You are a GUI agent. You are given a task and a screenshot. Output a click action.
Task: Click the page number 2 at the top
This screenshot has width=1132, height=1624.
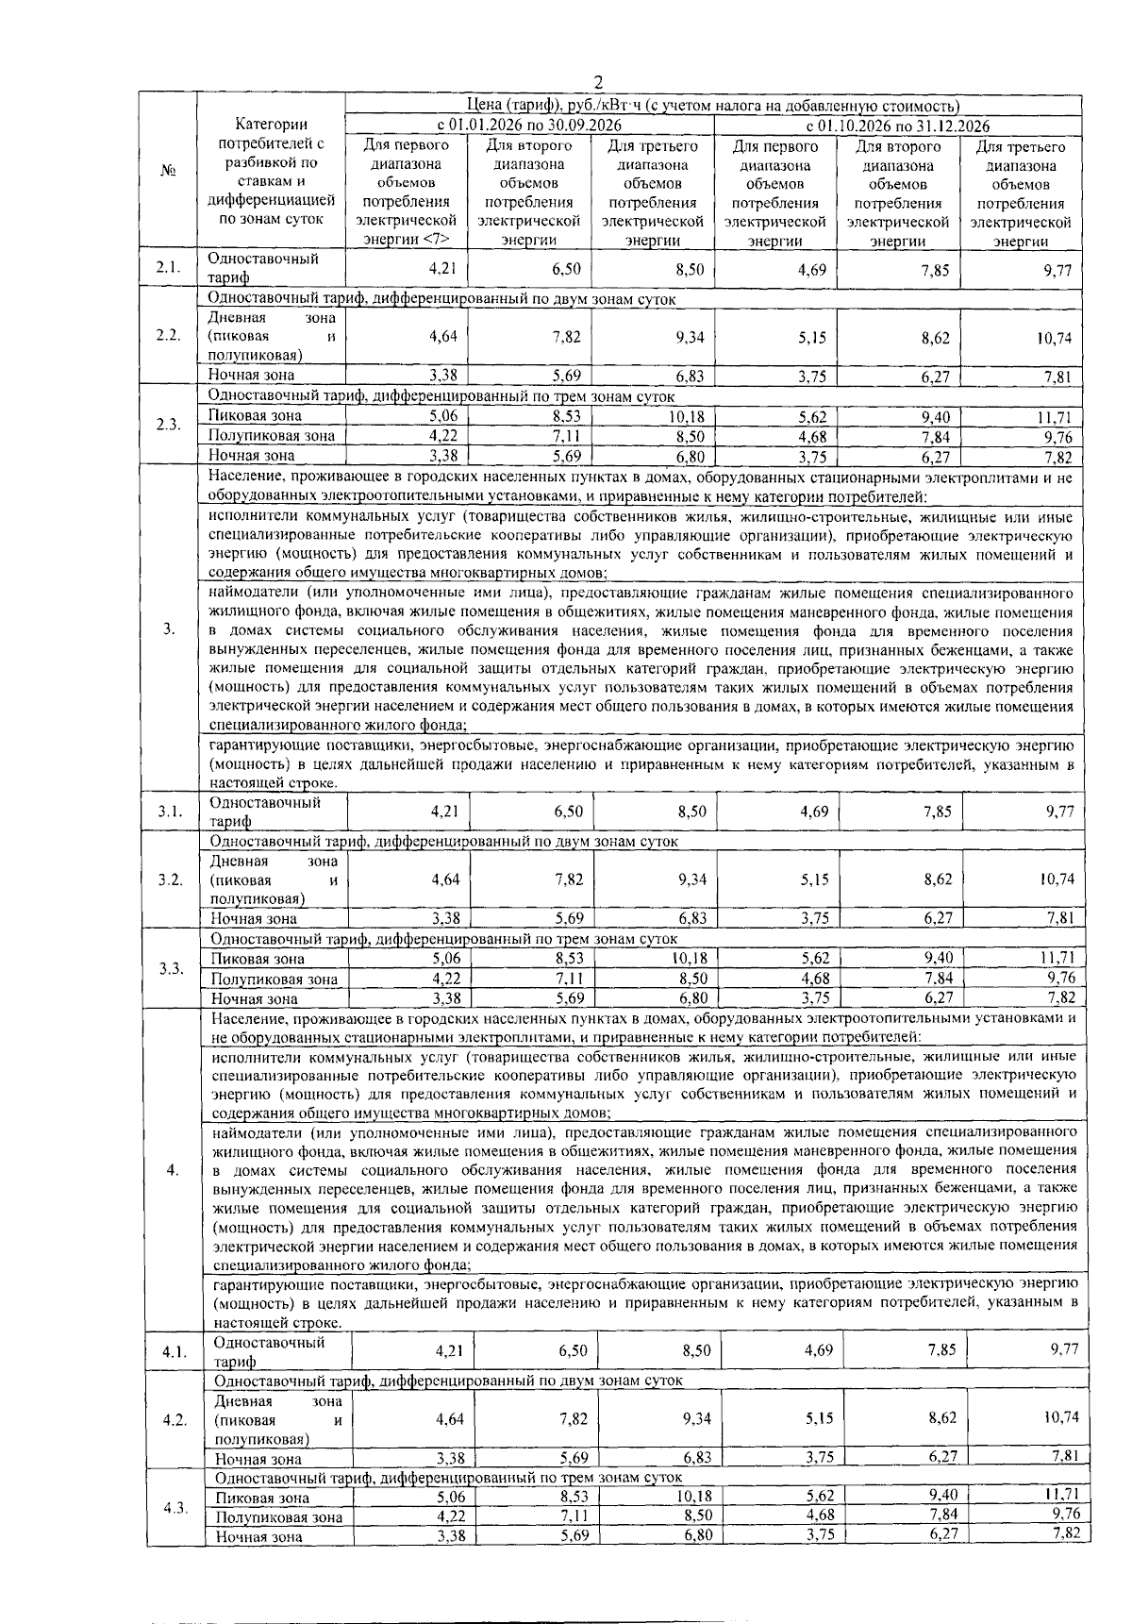pos(596,82)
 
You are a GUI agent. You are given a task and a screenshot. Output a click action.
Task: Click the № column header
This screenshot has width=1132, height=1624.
pos(169,171)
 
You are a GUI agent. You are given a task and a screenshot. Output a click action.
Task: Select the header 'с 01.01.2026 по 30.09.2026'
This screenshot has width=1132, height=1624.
pos(529,126)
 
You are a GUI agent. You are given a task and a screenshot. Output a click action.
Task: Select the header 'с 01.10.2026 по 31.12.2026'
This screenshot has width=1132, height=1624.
pos(897,126)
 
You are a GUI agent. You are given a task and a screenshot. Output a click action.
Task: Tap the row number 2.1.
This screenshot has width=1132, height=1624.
pos(169,268)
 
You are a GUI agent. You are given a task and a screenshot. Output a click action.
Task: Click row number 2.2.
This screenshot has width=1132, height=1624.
pos(169,336)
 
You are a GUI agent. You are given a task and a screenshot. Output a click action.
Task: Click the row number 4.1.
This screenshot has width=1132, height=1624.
pos(173,1351)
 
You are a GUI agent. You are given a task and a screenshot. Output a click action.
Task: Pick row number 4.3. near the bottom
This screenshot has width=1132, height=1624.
pos(174,1507)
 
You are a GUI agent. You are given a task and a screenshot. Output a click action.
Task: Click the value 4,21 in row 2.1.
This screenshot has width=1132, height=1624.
pos(442,269)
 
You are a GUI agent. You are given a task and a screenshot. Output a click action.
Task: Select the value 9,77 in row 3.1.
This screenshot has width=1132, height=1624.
pos(1060,811)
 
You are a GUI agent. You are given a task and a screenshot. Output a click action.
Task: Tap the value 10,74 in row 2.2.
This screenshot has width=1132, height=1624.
pos(1057,337)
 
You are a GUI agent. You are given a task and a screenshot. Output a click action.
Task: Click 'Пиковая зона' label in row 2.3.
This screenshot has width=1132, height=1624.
pos(255,416)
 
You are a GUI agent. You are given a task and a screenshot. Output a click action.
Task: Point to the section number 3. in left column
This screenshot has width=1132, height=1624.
pos(169,629)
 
